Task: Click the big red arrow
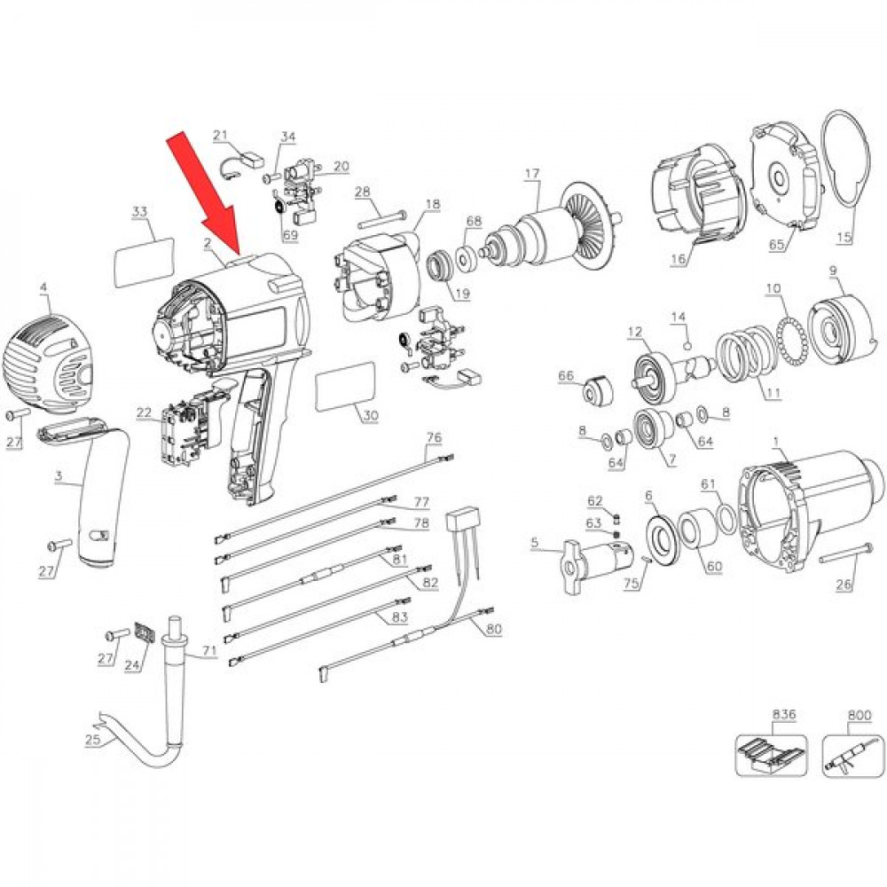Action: (205, 192)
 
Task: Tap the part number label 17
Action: (531, 174)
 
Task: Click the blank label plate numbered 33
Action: (145, 263)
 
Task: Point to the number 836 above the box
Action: (783, 714)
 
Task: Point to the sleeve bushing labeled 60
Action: (697, 530)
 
